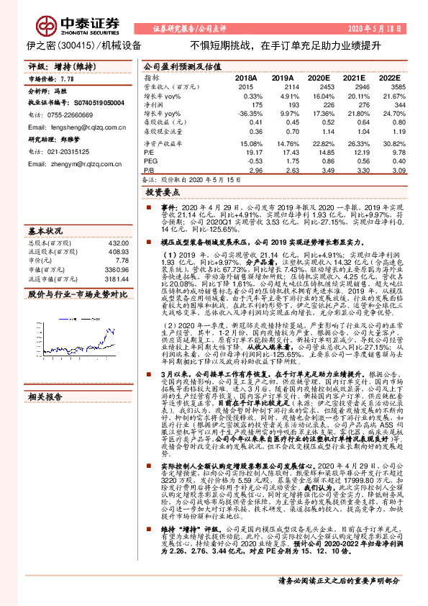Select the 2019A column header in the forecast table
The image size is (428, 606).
[x=282, y=76]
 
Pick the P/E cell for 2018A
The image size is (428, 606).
[x=245, y=152]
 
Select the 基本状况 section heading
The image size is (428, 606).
[x=45, y=232]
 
